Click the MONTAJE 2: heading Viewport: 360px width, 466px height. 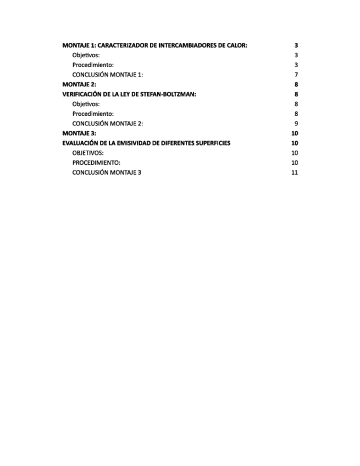pyautogui.click(x=79, y=85)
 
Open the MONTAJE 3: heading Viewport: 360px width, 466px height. pyautogui.click(x=79, y=133)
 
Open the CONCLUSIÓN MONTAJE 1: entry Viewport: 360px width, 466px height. pyautogui.click(x=108, y=75)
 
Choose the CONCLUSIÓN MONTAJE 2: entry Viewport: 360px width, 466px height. pyautogui.click(x=108, y=123)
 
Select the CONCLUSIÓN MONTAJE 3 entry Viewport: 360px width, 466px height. pyautogui.click(x=107, y=172)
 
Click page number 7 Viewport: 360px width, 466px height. pyautogui.click(x=296, y=75)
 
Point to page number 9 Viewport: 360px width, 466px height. pyautogui.click(x=296, y=123)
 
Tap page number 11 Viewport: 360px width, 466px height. pyautogui.click(x=295, y=172)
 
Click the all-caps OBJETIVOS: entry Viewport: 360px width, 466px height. pyautogui.click(x=88, y=153)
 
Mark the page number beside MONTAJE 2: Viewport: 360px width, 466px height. pyautogui.click(x=296, y=85)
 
